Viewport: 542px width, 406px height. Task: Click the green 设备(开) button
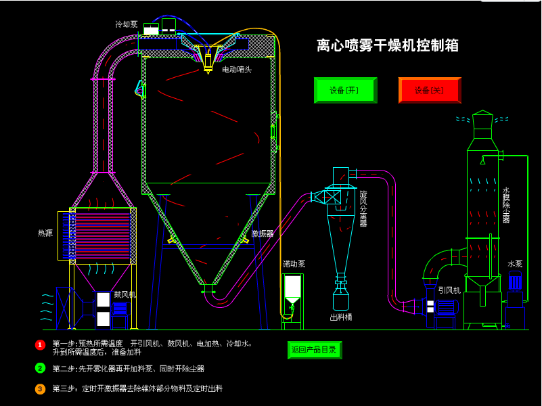point(345,90)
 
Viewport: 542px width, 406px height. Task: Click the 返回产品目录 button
point(315,350)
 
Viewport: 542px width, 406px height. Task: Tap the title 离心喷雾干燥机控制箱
point(388,45)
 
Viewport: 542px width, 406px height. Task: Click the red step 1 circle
point(40,345)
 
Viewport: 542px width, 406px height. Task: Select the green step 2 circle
point(40,368)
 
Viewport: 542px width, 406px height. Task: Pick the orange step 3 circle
point(40,389)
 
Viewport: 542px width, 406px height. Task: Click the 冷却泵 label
point(126,24)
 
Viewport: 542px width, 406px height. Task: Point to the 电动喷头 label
point(237,70)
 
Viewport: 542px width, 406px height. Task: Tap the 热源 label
point(45,233)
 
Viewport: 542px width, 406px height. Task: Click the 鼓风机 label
point(125,294)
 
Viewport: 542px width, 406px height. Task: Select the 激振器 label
point(263,233)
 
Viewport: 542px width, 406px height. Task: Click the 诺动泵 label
point(294,264)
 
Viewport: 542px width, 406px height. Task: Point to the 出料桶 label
point(341,317)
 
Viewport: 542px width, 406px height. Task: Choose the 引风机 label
point(449,290)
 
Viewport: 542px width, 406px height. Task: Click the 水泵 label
point(515,264)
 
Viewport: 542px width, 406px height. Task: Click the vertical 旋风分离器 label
point(363,208)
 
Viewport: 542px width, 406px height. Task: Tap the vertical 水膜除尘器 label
point(506,205)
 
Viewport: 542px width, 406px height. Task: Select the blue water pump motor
point(515,281)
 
